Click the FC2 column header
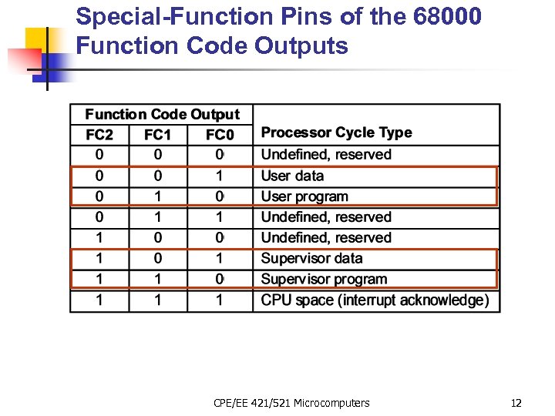point(99,135)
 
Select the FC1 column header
point(158,135)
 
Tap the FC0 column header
point(220,135)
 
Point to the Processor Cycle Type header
point(336,133)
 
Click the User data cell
point(292,176)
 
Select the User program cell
point(304,196)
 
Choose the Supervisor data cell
point(311,258)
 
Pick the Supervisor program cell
point(324,279)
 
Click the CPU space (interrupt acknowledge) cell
point(375,300)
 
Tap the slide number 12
point(516,403)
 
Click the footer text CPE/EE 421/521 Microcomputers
point(291,403)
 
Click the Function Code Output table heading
point(162,115)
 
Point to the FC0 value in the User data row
point(220,176)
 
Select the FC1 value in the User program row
point(158,196)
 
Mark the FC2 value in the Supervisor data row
point(99,258)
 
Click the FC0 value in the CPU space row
point(220,300)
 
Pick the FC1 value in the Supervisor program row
point(158,279)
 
